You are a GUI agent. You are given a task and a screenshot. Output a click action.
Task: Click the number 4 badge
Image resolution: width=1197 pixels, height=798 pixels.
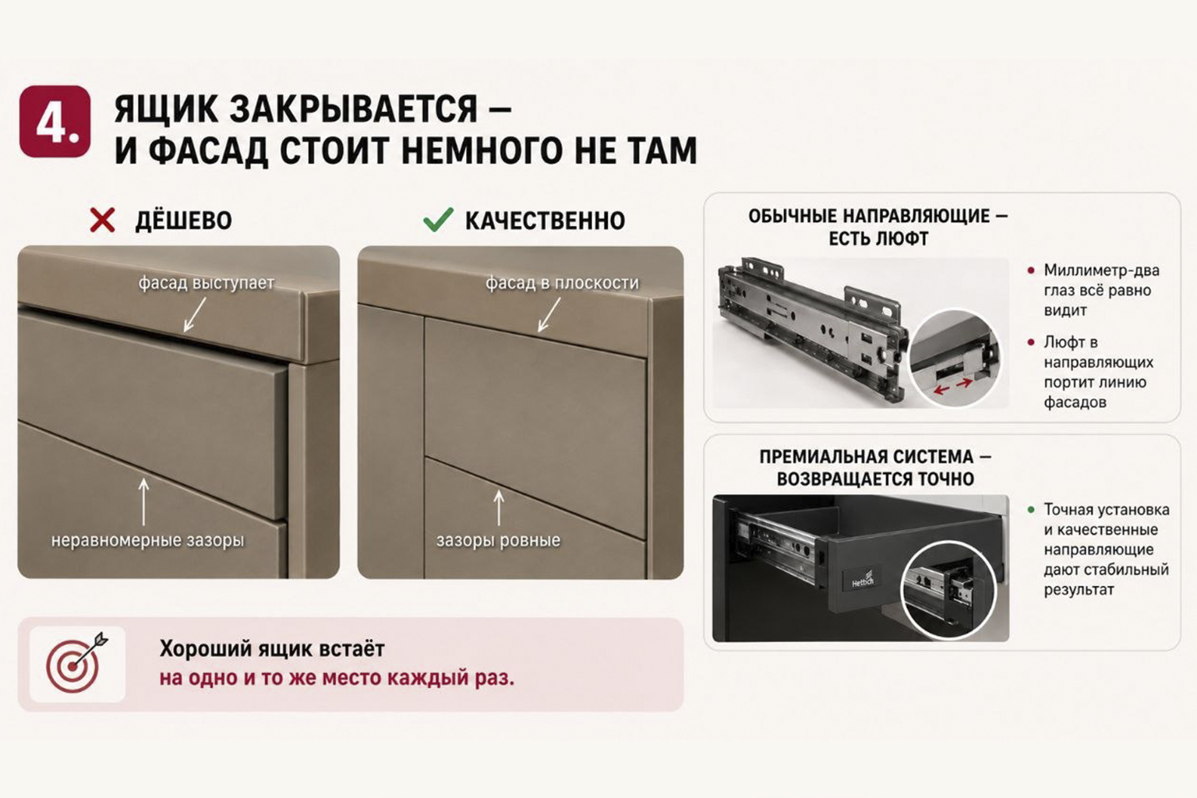(55, 122)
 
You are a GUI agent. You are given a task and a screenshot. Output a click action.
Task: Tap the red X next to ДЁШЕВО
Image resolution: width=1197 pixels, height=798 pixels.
(102, 221)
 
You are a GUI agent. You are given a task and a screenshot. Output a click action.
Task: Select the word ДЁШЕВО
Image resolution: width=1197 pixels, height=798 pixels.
(183, 221)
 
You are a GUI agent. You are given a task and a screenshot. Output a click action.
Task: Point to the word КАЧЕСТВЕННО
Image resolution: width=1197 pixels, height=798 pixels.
(545, 221)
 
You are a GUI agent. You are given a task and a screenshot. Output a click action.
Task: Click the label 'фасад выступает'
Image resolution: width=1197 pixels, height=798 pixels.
(207, 282)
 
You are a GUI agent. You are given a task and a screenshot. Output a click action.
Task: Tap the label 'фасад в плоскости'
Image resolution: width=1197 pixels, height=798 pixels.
(562, 282)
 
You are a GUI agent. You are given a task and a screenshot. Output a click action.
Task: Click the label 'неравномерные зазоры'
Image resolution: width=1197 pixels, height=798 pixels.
(147, 540)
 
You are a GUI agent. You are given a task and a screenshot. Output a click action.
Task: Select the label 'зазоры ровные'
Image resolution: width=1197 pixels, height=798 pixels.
(498, 540)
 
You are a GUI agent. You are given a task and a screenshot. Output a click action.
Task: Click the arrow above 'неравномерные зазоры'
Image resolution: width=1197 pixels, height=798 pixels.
(143, 501)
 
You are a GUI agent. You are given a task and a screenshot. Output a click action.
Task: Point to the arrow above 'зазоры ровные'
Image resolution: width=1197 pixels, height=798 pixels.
(499, 508)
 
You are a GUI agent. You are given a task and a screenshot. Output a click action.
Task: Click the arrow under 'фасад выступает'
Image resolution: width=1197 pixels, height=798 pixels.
(195, 315)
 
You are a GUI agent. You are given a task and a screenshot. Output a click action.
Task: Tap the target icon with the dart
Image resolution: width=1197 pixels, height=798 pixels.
(77, 663)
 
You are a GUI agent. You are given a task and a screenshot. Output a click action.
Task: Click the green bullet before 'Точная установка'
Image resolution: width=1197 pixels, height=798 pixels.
(1031, 510)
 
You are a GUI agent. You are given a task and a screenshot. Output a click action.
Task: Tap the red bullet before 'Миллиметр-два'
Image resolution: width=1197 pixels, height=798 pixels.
(1031, 270)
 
